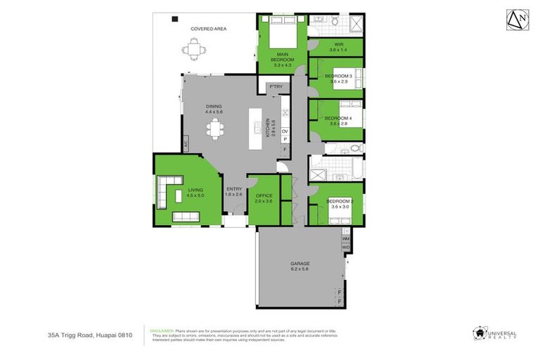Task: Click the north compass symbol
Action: click(516, 21)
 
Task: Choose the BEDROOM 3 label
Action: click(339, 78)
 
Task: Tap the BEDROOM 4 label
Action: click(339, 120)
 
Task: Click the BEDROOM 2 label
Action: click(339, 203)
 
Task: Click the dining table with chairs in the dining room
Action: click(214, 129)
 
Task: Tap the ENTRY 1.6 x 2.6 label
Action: click(233, 191)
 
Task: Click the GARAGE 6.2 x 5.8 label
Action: click(300, 266)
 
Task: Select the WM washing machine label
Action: click(345, 240)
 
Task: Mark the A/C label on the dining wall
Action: click(186, 144)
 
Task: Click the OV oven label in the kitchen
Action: click(285, 131)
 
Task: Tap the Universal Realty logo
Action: click(496, 333)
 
